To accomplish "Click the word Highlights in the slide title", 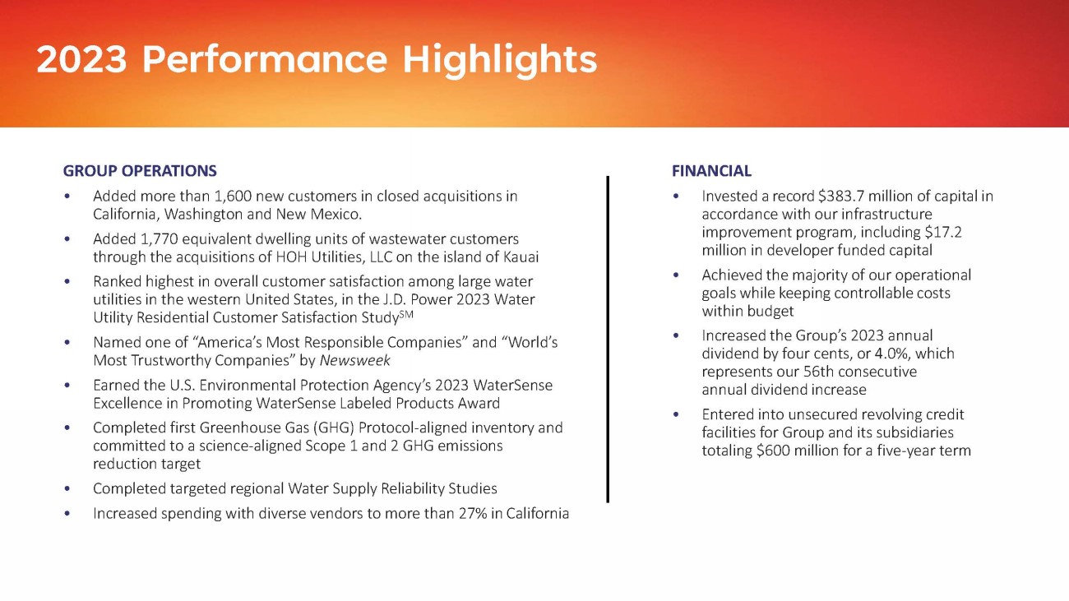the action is pyautogui.click(x=500, y=61).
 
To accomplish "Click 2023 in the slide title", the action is pyautogui.click(x=82, y=59).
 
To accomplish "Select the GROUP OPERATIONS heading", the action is pyautogui.click(x=140, y=170).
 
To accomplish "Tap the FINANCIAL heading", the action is pyautogui.click(x=711, y=170).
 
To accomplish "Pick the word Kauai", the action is pyautogui.click(x=521, y=257).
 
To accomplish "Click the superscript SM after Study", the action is pyautogui.click(x=406, y=314).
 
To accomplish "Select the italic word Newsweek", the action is pyautogui.click(x=354, y=360).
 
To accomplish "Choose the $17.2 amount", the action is pyautogui.click(x=943, y=232).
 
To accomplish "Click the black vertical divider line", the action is pyautogui.click(x=608, y=339).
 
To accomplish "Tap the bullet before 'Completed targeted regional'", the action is pyautogui.click(x=67, y=488).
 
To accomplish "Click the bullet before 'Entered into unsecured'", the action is pyautogui.click(x=676, y=414).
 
